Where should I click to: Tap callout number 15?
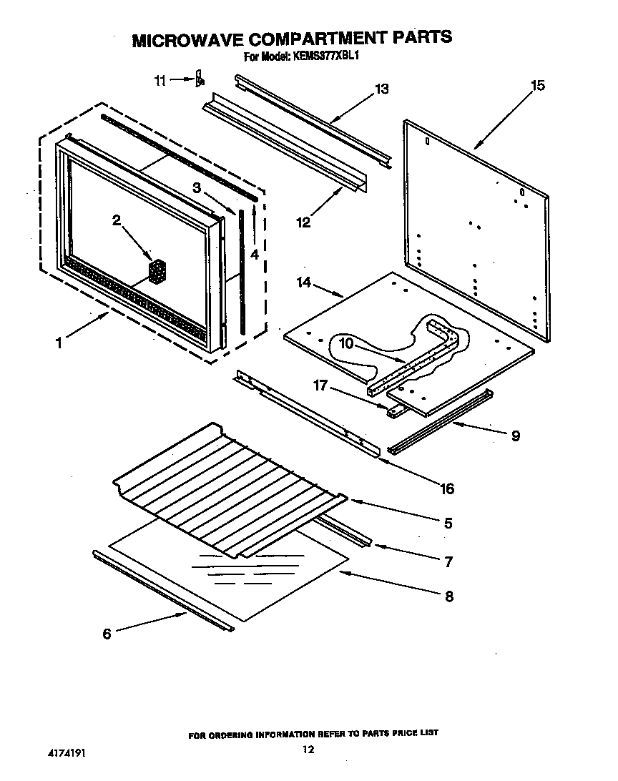[x=537, y=86]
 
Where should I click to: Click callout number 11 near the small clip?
[x=160, y=81]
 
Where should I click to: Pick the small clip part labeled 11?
[x=200, y=79]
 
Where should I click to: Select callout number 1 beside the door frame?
[x=59, y=343]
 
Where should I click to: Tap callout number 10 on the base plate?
[x=346, y=344]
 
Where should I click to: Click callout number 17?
[x=320, y=386]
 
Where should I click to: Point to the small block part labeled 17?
[x=394, y=411]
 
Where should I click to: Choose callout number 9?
[x=515, y=435]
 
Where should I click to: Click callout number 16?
[x=447, y=488]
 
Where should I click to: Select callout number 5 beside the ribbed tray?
[x=448, y=523]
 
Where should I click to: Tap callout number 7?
[x=448, y=561]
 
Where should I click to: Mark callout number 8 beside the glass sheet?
[x=448, y=596]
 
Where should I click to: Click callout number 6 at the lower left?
[x=107, y=633]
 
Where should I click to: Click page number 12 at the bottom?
[x=308, y=750]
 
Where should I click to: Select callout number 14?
[x=304, y=283]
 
